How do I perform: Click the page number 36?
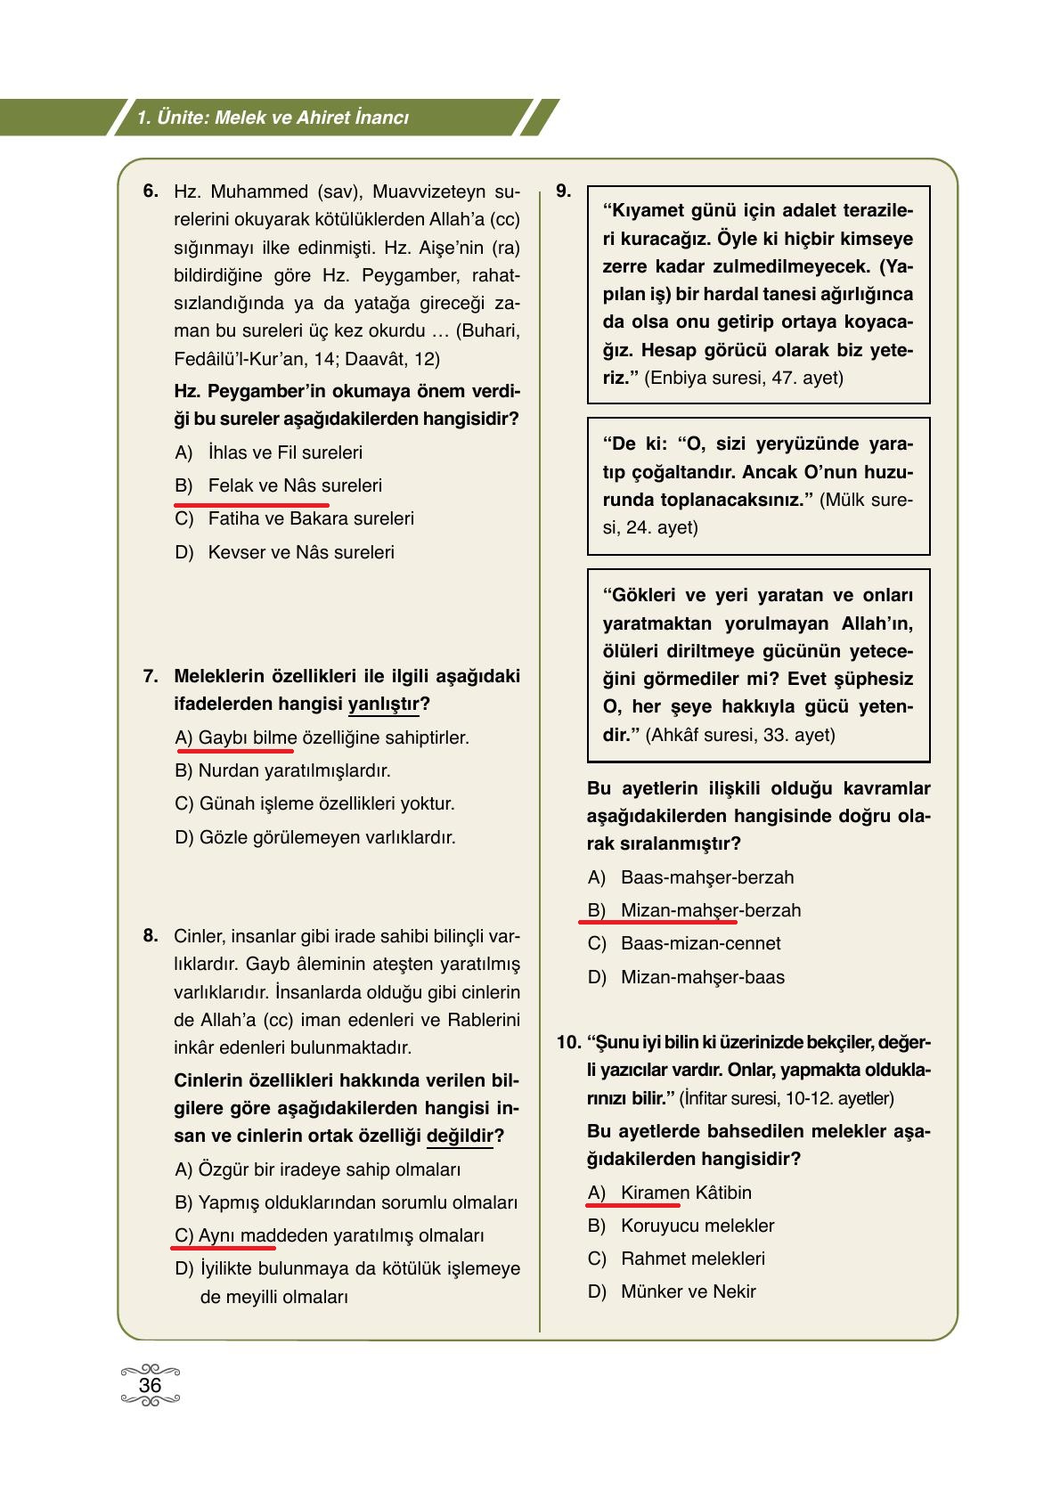pos(150,1385)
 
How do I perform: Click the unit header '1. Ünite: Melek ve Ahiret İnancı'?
pos(273,118)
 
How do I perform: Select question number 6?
pos(151,191)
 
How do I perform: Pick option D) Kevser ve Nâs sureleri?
pos(284,552)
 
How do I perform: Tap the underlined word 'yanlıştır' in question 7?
pos(383,704)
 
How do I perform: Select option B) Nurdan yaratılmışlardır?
pos(282,770)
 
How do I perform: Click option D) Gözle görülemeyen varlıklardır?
pos(314,837)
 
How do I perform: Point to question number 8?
pos(151,936)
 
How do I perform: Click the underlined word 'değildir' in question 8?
pos(460,1136)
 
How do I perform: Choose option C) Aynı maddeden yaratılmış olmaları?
pos(329,1235)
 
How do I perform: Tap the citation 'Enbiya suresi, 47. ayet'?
pos(743,378)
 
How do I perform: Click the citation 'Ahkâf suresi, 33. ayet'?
pos(739,735)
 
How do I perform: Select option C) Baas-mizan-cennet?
pos(683,943)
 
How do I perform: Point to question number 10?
pos(568,1042)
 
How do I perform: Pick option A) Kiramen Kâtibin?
pos(669,1193)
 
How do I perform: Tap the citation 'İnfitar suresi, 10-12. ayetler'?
pos(787,1098)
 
